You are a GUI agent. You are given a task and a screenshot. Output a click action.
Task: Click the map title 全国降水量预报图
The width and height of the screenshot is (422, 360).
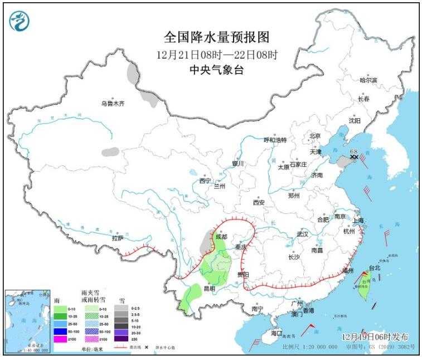coord(216,37)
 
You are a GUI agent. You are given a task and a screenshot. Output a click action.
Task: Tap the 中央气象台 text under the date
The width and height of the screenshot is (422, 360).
coord(216,70)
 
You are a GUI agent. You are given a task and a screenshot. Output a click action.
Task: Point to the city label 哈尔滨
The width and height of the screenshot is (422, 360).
coord(368,81)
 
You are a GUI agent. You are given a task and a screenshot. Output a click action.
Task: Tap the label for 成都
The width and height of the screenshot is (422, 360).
coord(221,237)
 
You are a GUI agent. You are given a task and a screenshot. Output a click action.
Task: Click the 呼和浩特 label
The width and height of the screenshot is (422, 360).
coord(274,140)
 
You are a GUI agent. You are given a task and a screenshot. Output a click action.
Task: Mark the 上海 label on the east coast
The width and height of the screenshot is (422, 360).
coord(358,221)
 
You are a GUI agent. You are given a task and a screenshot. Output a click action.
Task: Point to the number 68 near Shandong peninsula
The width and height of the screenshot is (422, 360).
coord(353,151)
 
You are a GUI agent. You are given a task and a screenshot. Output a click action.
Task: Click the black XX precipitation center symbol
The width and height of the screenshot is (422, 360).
coord(353,158)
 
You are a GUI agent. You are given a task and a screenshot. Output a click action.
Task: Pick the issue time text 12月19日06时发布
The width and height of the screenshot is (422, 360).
coord(375,337)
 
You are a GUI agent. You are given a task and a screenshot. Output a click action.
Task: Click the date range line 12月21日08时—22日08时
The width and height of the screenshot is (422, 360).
coord(216,55)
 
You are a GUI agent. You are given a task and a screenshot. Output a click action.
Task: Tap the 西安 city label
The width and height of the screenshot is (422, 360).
coord(259,202)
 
